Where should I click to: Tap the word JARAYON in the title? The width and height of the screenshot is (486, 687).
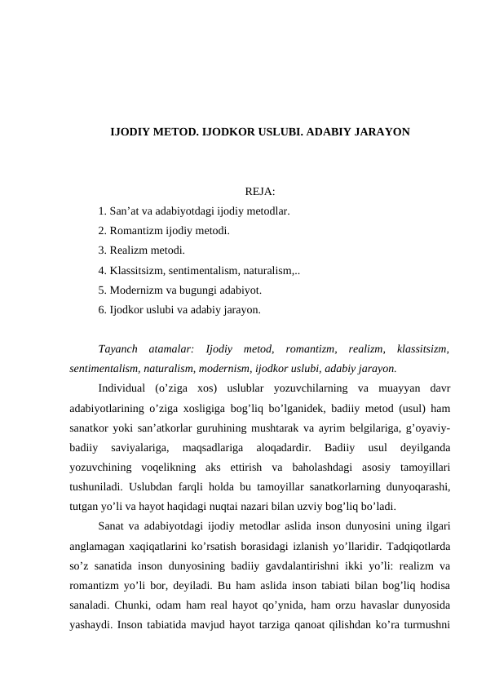pos(380,131)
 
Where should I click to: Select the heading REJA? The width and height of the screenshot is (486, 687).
pos(236,193)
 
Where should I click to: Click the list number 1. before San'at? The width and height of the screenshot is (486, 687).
pos(101,211)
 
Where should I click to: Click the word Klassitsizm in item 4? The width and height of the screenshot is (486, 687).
pos(135,270)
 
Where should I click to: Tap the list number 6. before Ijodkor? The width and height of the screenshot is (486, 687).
pos(101,309)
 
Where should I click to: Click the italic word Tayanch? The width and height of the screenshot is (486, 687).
pos(119,348)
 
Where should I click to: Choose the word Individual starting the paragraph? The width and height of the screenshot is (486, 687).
pos(121,388)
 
